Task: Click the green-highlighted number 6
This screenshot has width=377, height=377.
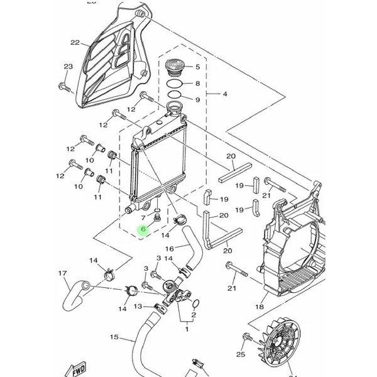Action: coord(143,229)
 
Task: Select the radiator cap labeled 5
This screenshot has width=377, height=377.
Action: coord(175,68)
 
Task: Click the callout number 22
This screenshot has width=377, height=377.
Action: coord(75,43)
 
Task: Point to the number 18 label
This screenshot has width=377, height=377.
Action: coord(260,307)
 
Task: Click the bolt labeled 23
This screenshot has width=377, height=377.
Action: coord(65,87)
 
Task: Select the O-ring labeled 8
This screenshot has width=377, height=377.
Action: coord(175,84)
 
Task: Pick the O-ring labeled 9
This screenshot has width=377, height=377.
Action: coord(175,94)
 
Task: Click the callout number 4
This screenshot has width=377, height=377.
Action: coord(225,94)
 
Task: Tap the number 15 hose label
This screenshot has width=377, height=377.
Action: coord(114,337)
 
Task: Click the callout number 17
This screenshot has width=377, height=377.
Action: coord(62,273)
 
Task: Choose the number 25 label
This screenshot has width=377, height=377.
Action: coord(241,354)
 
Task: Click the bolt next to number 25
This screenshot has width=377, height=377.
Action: coord(248,337)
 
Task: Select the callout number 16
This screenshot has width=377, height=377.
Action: coord(170,249)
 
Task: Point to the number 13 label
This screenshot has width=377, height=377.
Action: coord(138,307)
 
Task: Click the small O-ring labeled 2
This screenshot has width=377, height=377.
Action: coord(195,303)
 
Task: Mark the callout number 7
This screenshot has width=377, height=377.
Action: coord(143,218)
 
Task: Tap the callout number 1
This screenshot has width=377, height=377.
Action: coord(187,329)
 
